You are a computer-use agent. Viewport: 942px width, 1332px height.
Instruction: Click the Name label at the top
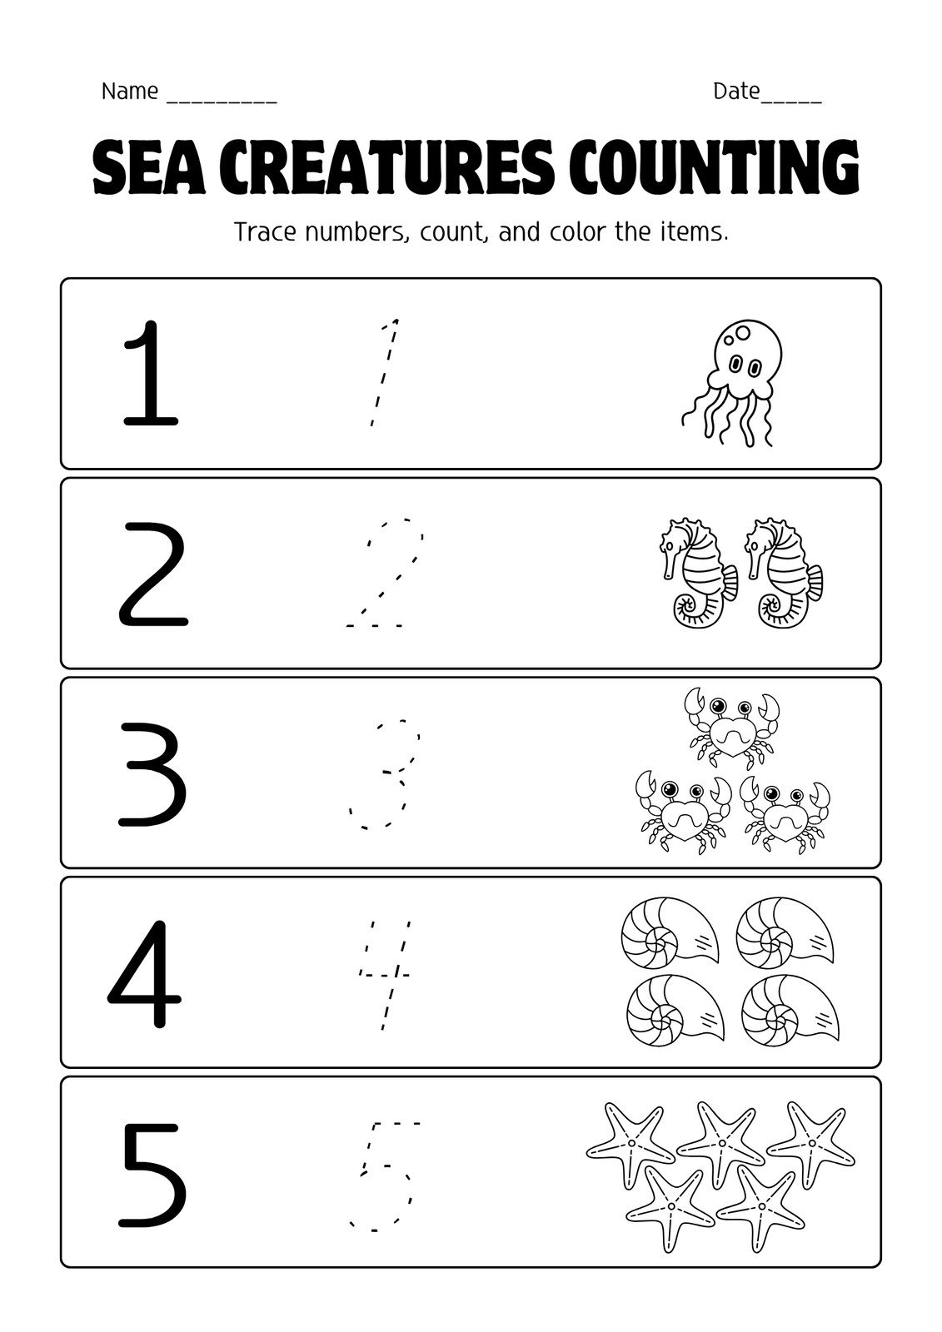pos(130,92)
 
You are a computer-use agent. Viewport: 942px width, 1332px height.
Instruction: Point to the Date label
pos(736,92)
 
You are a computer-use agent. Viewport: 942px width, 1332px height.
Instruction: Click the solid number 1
pos(150,373)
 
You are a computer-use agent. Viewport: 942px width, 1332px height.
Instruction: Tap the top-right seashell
pos(784,931)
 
